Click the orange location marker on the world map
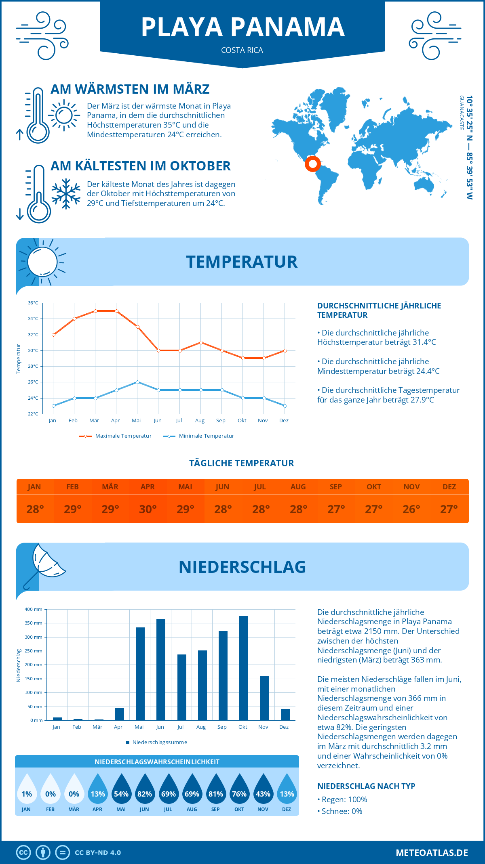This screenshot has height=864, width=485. [x=312, y=164]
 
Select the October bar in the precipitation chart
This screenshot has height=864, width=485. [x=243, y=668]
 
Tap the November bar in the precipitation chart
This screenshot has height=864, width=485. [x=264, y=698]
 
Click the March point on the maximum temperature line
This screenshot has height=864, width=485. [x=95, y=311]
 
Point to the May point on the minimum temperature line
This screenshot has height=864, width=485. [x=137, y=382]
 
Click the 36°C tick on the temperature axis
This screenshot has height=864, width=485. [x=33, y=303]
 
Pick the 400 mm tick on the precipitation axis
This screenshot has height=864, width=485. [x=34, y=609]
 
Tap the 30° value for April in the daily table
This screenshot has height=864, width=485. [x=148, y=509]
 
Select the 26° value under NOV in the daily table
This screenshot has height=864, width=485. [x=411, y=509]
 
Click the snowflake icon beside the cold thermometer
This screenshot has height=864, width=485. [x=66, y=194]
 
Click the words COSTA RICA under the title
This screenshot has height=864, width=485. [x=242, y=50]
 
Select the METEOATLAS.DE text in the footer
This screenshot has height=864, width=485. [x=432, y=853]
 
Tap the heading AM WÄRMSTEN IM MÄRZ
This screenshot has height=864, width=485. [x=130, y=89]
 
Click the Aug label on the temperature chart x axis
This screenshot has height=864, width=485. [x=200, y=421]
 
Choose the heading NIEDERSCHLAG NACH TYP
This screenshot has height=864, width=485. [x=366, y=786]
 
